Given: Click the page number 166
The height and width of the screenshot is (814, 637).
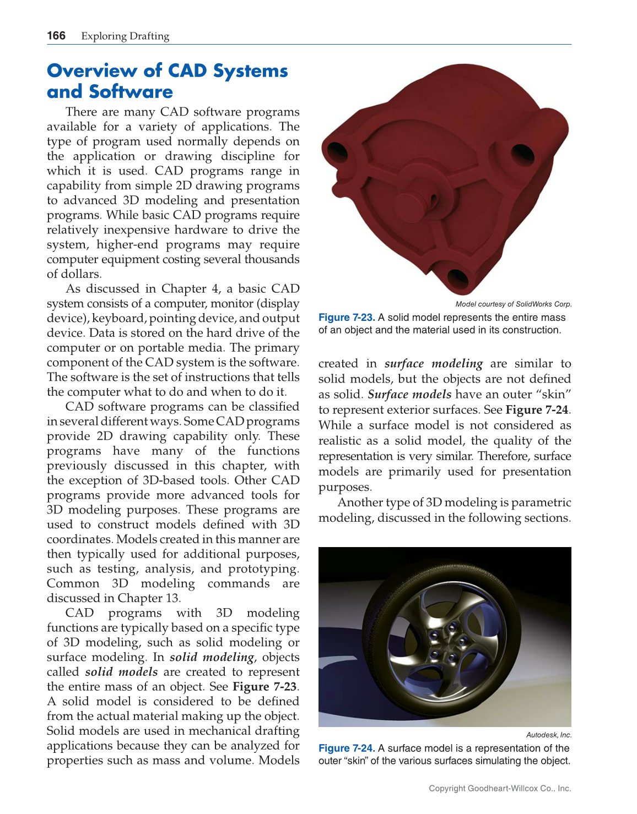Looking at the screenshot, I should (56, 36).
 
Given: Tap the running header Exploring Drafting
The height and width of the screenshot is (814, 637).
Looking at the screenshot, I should (125, 36).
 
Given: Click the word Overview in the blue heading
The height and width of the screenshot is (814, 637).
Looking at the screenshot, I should (91, 71).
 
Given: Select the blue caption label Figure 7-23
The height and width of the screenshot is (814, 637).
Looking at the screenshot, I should (347, 318).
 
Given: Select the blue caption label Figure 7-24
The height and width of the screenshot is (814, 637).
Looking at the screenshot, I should (347, 749).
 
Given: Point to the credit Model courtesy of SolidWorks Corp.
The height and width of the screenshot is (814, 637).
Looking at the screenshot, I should (513, 304).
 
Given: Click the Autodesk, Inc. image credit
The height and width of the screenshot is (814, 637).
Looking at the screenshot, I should (548, 735).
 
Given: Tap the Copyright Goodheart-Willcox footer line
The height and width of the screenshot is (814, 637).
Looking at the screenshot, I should (500, 789).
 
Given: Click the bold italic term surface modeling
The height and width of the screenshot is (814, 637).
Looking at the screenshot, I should (433, 364).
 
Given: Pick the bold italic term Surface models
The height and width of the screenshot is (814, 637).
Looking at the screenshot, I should (409, 395).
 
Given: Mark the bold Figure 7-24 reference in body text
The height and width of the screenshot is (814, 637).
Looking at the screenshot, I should (537, 410).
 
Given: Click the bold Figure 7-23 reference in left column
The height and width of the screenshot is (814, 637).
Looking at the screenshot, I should (264, 687).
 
